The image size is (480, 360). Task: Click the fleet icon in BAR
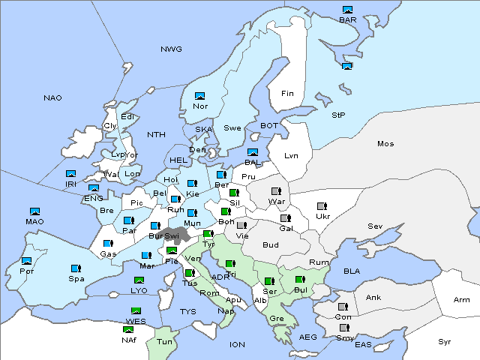pos(347,10)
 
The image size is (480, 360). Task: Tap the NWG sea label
pos(171,49)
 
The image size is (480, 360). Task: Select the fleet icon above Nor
pos(199,96)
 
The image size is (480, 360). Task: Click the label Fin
pos(286,94)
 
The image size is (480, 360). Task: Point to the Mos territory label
pos(385,143)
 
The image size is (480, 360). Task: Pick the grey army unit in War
pos(277,191)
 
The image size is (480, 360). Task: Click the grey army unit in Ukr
pos(322,206)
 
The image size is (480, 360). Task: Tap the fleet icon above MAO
pos(34,211)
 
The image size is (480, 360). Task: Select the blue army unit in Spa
pos(76,268)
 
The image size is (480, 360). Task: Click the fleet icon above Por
pos(27,261)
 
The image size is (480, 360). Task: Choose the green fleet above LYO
pos(138,280)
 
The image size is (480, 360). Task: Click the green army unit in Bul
pos(299,280)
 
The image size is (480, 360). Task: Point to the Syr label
pos(445,341)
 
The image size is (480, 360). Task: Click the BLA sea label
pos(352,271)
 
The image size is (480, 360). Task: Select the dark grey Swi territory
pos(177,235)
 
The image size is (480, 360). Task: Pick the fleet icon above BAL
pos(253,152)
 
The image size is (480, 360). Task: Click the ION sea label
pos(237,345)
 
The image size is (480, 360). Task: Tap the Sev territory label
pos(375,226)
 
